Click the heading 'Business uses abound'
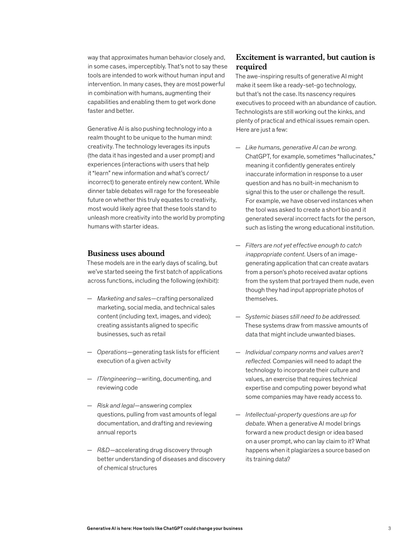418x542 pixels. [126, 253]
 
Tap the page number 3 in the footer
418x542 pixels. [389, 528]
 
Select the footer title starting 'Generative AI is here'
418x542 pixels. [165, 528]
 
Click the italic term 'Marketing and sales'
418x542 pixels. [124, 298]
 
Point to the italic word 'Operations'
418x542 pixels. [112, 352]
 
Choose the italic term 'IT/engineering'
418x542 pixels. [117, 379]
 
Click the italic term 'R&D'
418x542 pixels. [103, 450]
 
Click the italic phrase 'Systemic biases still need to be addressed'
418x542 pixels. [303, 316]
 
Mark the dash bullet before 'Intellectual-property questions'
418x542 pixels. [238, 415]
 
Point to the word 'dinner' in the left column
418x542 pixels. [97, 191]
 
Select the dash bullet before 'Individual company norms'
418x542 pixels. [238, 352]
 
